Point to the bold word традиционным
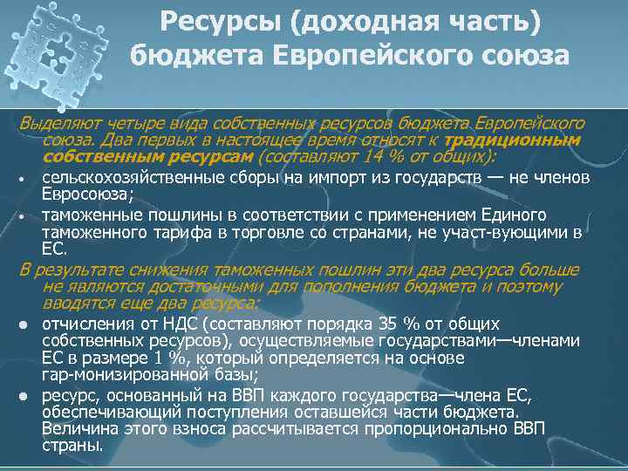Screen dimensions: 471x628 tap(511, 140)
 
